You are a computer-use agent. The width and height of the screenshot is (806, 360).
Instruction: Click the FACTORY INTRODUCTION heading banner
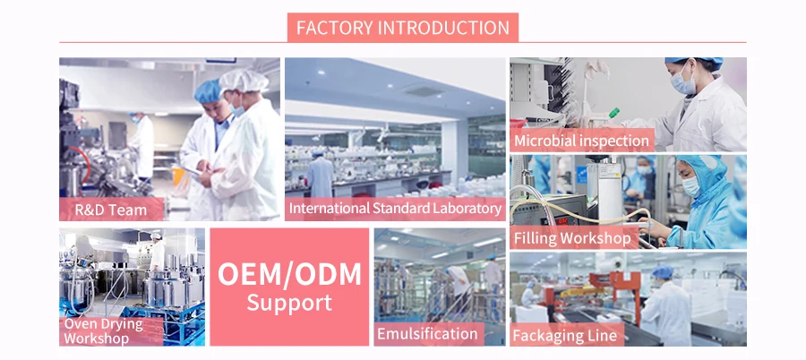[x=402, y=27]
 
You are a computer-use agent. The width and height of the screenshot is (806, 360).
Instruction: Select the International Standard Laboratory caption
[x=395, y=209]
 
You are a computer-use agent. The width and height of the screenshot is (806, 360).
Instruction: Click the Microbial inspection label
[x=581, y=141]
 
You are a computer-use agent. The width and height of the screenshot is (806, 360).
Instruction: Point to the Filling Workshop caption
[x=572, y=238]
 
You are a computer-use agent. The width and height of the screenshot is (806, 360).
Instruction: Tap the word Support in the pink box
[x=289, y=303]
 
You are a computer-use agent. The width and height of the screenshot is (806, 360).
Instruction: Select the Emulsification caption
[x=427, y=334]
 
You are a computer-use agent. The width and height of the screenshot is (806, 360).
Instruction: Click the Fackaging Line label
[x=565, y=336]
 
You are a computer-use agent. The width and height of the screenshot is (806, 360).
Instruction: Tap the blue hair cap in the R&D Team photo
[x=208, y=90]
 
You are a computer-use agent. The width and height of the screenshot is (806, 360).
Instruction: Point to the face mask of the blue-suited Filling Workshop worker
[x=690, y=186]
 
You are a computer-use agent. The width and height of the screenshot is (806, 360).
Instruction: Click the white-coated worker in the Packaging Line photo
[x=666, y=309]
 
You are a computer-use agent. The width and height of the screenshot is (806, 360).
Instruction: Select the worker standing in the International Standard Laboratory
[x=321, y=170]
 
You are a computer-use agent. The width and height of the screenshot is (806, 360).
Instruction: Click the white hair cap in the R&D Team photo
[x=243, y=81]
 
